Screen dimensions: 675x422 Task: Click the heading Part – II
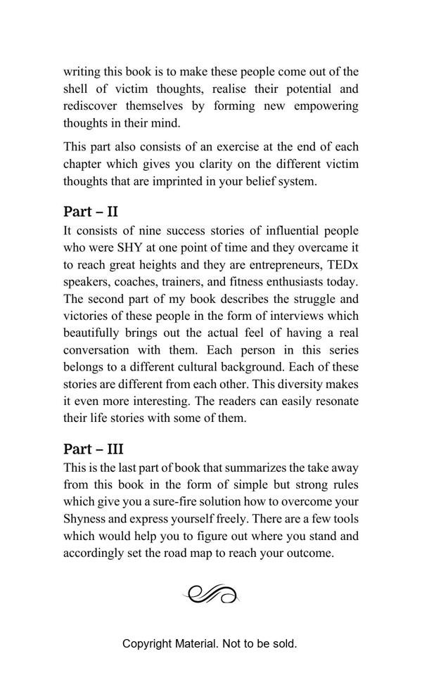coord(91,211)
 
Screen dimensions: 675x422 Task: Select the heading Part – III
coord(94,449)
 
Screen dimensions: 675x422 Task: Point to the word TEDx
coord(343,264)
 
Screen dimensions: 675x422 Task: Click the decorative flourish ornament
coord(211,595)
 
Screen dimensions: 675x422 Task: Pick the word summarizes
coord(271,468)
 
